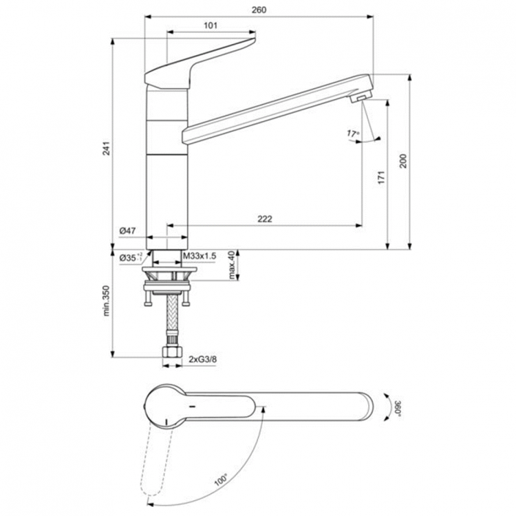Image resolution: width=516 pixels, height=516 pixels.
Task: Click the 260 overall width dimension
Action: point(259,10)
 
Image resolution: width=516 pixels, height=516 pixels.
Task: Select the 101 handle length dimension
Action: point(211,25)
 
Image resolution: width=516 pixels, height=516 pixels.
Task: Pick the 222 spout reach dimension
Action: point(265,219)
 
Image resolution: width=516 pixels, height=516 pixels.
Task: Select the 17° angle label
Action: point(354,132)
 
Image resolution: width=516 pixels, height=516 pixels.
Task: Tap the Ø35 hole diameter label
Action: point(129,257)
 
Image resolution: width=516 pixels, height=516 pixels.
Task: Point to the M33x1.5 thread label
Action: point(200,256)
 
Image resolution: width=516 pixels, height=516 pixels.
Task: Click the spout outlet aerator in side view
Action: point(360,99)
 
